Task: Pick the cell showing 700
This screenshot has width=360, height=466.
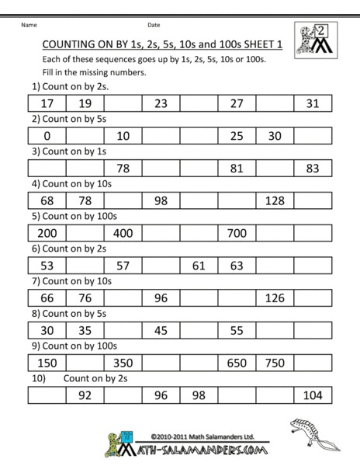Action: [237, 233]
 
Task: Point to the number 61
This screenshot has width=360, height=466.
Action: [199, 266]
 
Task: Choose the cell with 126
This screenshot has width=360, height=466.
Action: [275, 298]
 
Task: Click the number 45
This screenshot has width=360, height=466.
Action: [161, 330]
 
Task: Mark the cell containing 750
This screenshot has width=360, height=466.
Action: [275, 363]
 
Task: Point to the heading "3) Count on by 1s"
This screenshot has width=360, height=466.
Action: [64, 152]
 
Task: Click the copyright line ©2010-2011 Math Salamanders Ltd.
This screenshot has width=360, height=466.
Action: [193, 436]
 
